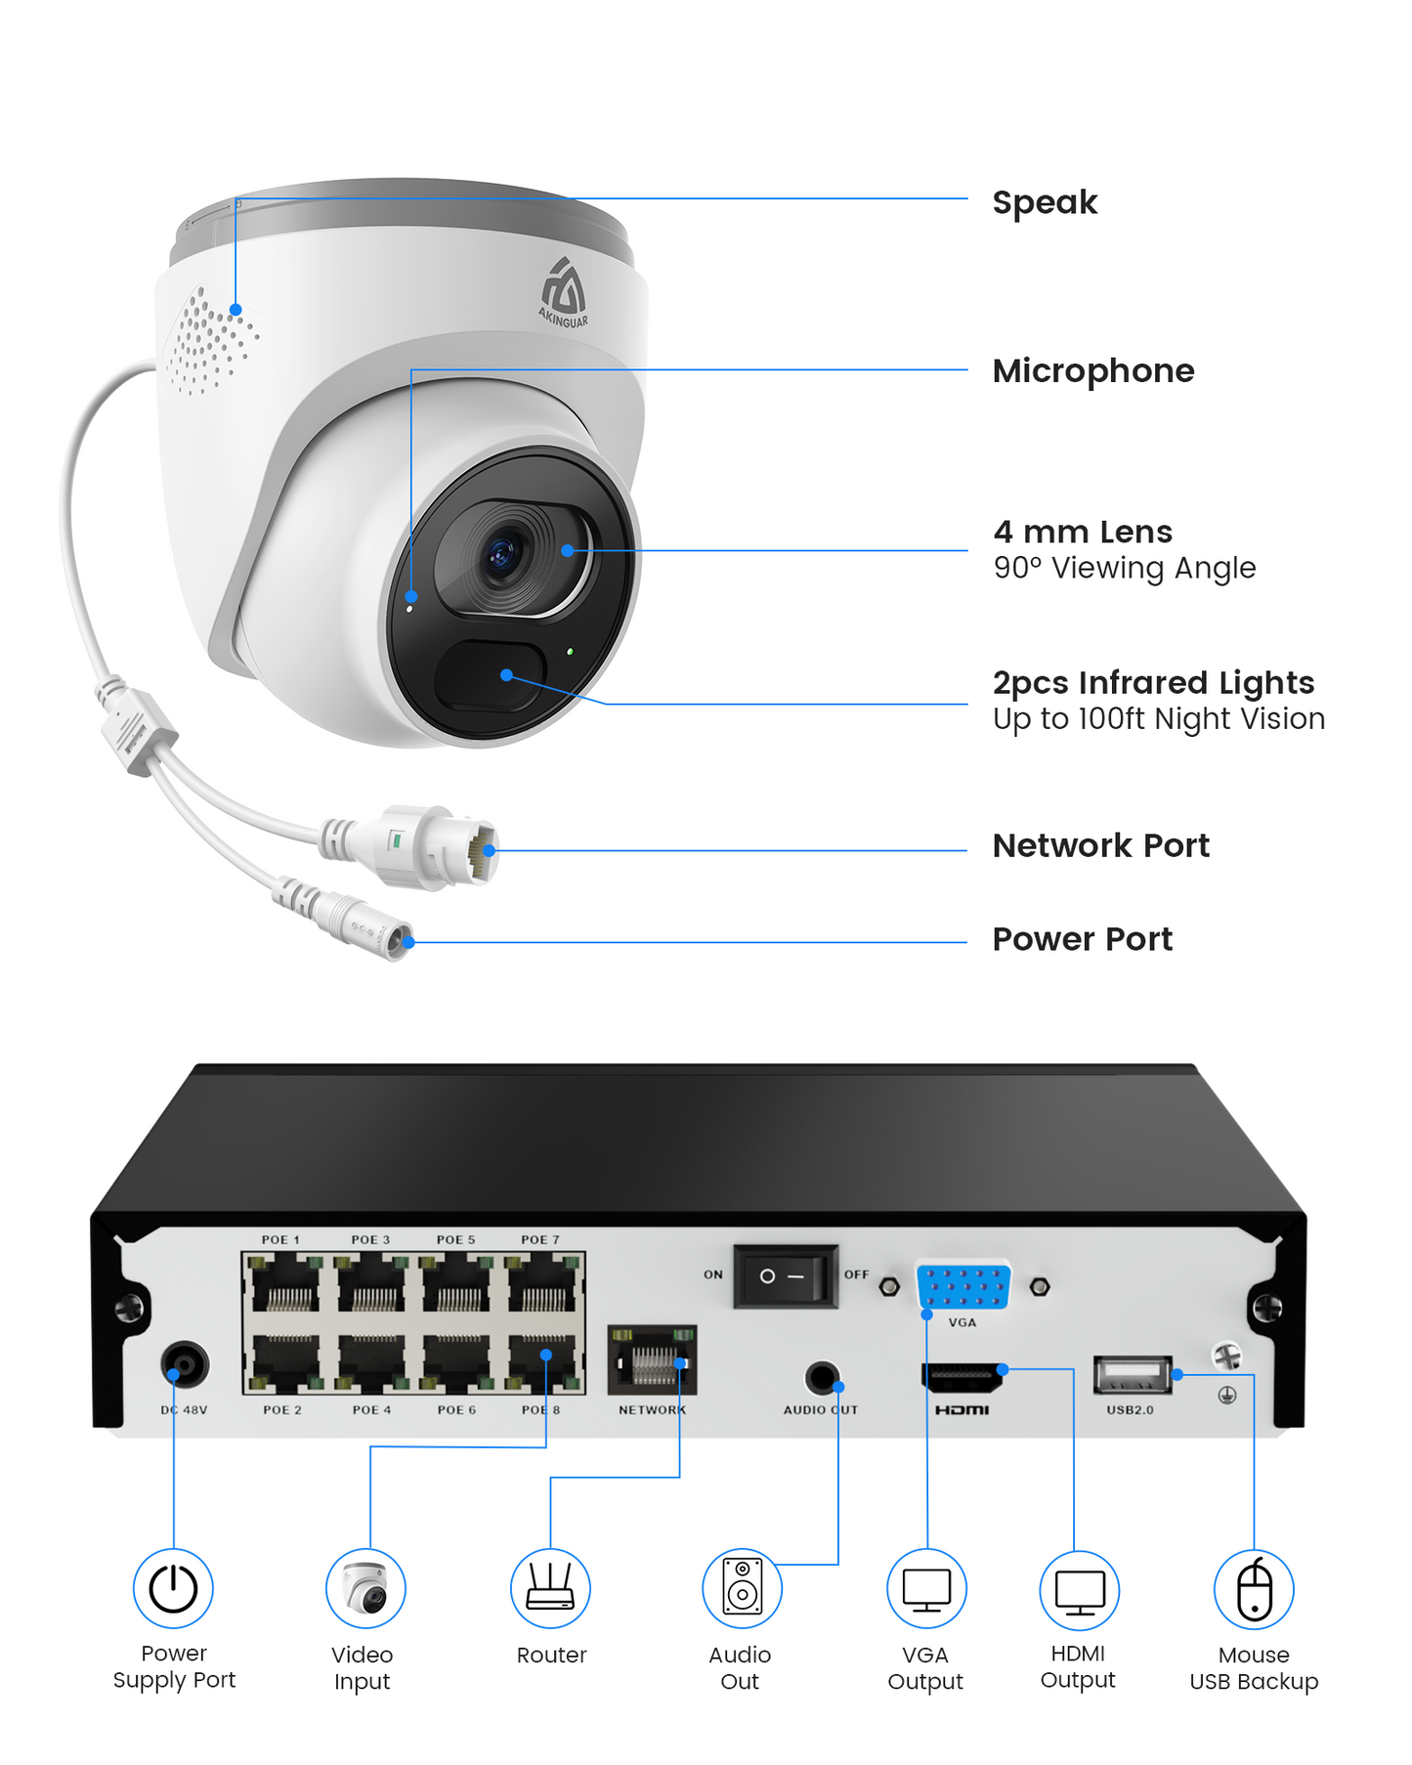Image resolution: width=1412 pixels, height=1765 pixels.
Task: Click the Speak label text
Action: click(1044, 202)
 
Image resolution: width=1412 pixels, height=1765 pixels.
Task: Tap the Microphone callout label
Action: click(1092, 371)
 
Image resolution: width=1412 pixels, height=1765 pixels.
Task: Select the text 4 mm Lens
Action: click(1082, 532)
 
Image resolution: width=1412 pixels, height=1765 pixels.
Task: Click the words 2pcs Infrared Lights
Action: click(1152, 682)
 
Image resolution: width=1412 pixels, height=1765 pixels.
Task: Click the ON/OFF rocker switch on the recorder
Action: click(785, 1276)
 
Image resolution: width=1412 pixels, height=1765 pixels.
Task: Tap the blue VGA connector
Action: click(963, 1287)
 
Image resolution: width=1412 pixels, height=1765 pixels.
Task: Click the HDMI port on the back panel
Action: click(963, 1379)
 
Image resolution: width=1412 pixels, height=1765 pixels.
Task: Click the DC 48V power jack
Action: click(185, 1364)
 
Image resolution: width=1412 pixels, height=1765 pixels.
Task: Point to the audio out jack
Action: click(822, 1379)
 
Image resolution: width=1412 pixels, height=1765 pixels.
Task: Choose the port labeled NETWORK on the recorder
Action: click(652, 1360)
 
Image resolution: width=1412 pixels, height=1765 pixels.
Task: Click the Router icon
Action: click(550, 1588)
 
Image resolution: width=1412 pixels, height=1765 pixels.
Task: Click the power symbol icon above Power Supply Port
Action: click(173, 1588)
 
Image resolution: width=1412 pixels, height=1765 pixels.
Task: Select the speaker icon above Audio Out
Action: click(742, 1588)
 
